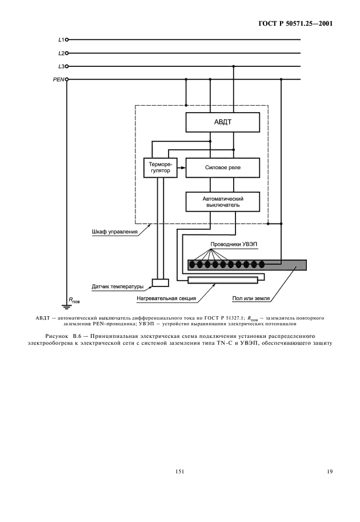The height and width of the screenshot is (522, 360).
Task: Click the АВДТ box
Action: [x=222, y=122]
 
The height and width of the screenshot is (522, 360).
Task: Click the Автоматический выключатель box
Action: [x=222, y=201]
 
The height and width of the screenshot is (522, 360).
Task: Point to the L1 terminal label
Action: [x=61, y=41]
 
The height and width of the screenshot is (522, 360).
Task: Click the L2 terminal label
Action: [x=61, y=53]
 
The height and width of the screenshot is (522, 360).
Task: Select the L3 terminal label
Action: [x=61, y=66]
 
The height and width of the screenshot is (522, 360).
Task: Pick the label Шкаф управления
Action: [x=115, y=232]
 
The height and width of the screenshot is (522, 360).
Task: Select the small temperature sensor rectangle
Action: [x=161, y=282]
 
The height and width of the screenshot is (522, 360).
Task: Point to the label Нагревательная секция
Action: [x=166, y=298]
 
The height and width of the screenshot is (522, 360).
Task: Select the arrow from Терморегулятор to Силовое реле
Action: [x=181, y=168]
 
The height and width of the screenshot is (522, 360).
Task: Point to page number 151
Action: [x=180, y=472]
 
